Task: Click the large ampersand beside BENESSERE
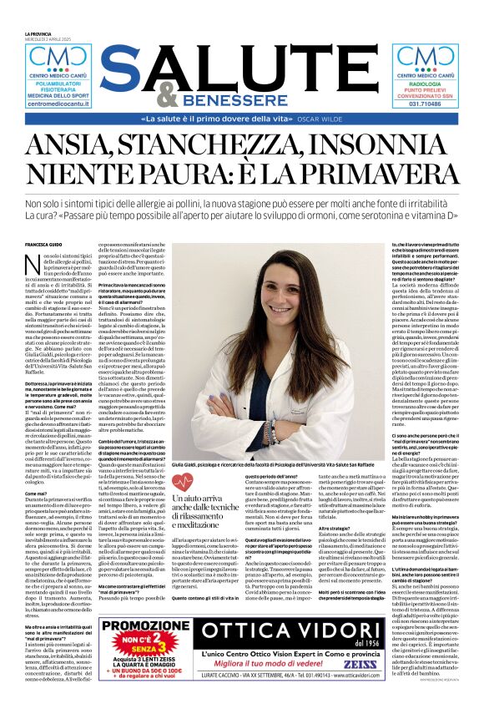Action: point(167,94)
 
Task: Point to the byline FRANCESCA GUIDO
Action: point(46,244)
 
